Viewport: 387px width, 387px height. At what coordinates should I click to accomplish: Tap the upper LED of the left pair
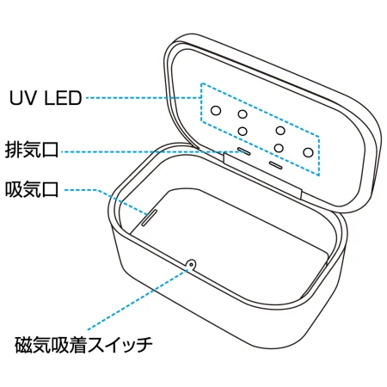click(243, 114)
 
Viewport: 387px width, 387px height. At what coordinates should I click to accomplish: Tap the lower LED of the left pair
click(243, 131)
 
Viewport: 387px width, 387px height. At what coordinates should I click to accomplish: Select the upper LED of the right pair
click(280, 130)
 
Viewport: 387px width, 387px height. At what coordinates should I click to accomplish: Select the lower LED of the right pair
click(280, 145)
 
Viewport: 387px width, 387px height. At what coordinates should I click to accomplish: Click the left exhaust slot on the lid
click(243, 150)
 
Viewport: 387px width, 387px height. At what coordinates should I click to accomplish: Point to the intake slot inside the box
click(149, 216)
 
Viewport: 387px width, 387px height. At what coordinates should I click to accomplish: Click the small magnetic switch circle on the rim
click(191, 264)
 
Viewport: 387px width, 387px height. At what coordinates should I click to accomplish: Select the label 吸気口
click(31, 188)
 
